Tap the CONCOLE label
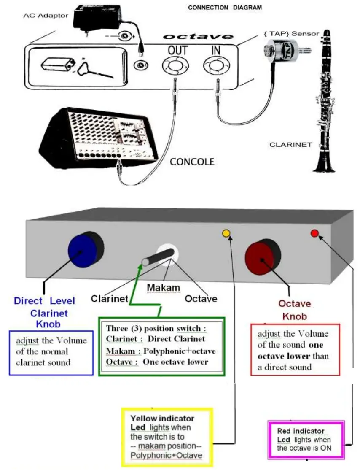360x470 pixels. coord(192,162)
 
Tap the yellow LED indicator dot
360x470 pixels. coord(226,233)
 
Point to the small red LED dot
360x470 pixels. coord(314,233)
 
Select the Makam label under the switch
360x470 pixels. coord(164,288)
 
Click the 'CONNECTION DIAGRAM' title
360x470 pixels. coord(225,8)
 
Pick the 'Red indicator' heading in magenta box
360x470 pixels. coord(301,431)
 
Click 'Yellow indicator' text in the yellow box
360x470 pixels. coord(162,419)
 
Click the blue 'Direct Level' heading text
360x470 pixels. coord(44,301)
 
